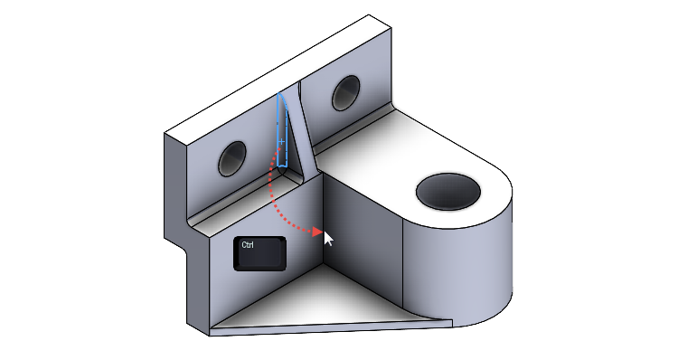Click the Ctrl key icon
point(259,253)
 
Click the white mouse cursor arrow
point(328,238)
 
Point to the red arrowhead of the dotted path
point(317,232)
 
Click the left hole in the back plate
point(232,159)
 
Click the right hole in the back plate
point(345,90)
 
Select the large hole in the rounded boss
point(447,191)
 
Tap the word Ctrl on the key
point(249,245)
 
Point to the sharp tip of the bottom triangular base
point(449,320)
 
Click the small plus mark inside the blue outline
point(281,141)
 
